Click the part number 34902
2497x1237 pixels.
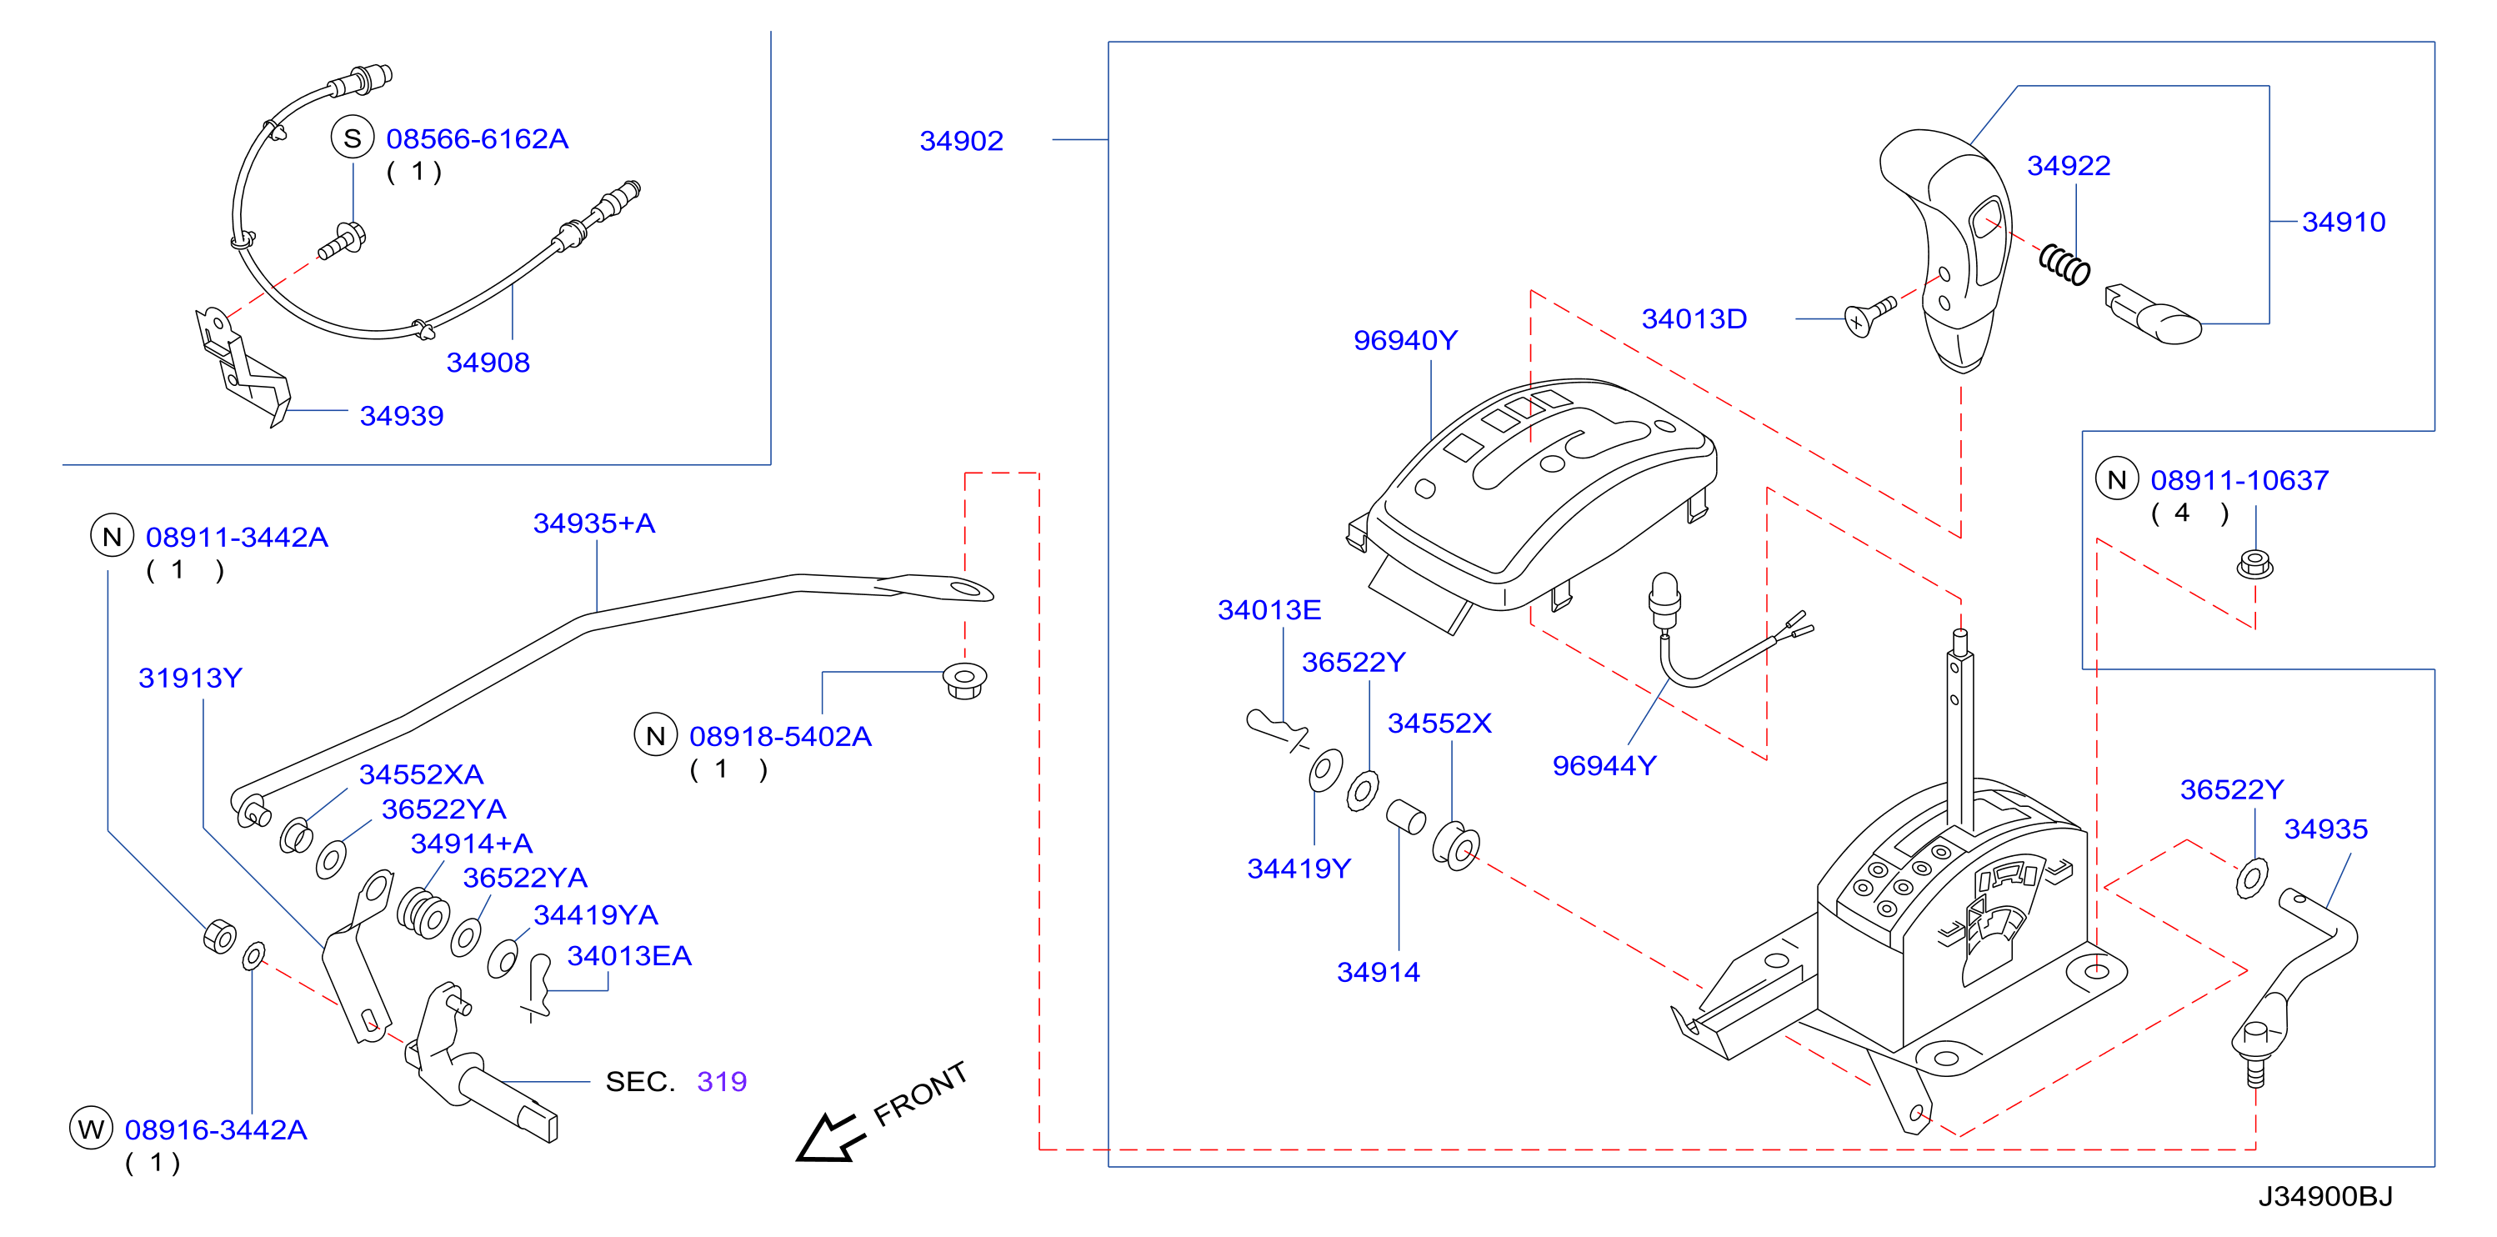tap(961, 142)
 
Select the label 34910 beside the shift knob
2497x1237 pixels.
tap(2343, 222)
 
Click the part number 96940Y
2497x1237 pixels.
tap(1404, 340)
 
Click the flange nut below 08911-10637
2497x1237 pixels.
tap(2254, 564)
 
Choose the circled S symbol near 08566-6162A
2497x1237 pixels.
tap(353, 138)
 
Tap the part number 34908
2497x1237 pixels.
tap(488, 363)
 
